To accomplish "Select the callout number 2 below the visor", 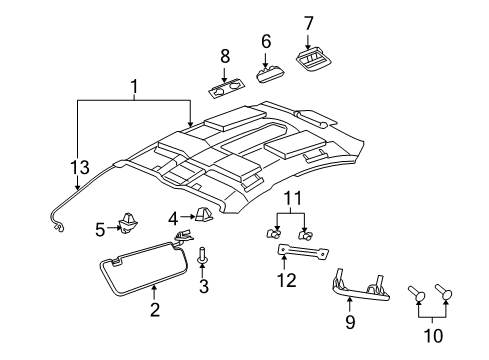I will coord(154,310).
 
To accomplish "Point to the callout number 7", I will coord(308,22).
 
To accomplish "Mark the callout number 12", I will coord(287,281).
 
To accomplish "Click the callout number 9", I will coord(349,322).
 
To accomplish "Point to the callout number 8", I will coord(225,55).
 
